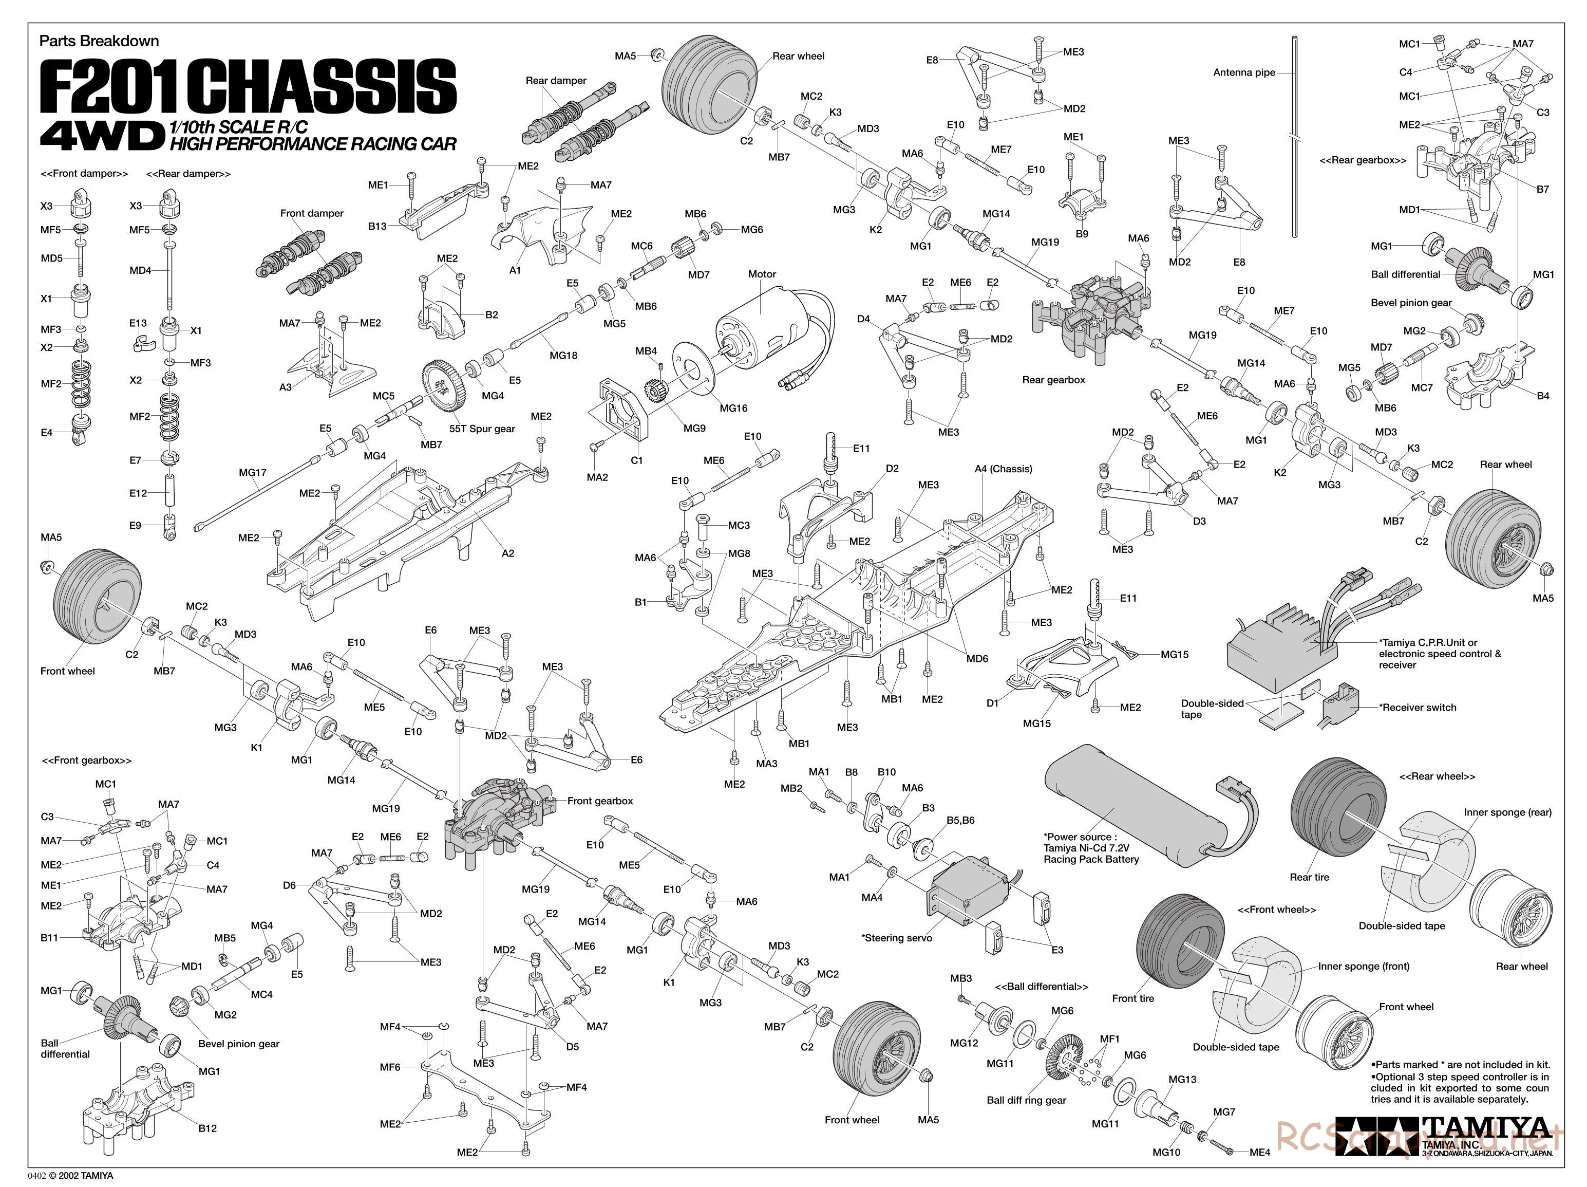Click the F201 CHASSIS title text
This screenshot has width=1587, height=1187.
coord(248,86)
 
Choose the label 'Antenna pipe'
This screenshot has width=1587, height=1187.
coord(1244,72)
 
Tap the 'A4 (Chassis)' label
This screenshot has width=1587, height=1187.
coord(1003,469)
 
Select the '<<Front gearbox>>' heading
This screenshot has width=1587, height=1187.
coord(87,760)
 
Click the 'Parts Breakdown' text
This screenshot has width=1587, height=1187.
coord(99,41)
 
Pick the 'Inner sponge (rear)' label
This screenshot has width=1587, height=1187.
coord(1507,812)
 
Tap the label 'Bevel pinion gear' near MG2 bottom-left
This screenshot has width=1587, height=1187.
coord(239,1044)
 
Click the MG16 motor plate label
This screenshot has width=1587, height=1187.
coord(733,407)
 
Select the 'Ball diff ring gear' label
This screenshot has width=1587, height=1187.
coord(1026,1100)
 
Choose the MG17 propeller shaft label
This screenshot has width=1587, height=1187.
coord(253,472)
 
